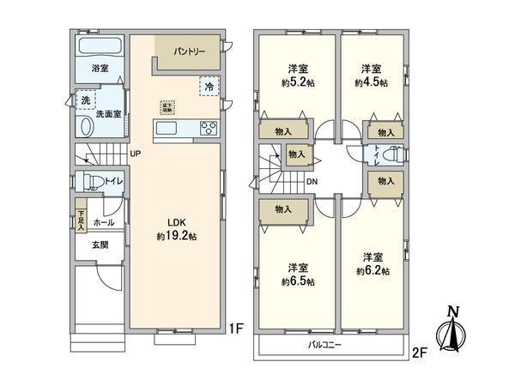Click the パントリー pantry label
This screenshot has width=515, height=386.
pyautogui.click(x=190, y=51)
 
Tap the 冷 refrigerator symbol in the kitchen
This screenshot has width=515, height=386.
pyautogui.click(x=209, y=86)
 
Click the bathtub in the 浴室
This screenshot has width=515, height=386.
pyautogui.click(x=100, y=45)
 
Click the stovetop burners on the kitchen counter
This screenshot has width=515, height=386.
pyautogui.click(x=208, y=129)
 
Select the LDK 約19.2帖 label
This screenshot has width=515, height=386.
pyautogui.click(x=176, y=229)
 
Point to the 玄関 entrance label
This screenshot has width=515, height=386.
pyautogui.click(x=100, y=244)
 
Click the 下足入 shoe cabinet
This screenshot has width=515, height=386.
pyautogui.click(x=81, y=217)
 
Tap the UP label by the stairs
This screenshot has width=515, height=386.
pyautogui.click(x=136, y=154)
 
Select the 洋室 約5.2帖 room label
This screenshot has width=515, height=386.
pyautogui.click(x=296, y=75)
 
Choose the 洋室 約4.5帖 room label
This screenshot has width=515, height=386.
pyautogui.click(x=372, y=75)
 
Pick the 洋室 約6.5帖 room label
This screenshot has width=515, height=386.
pyautogui.click(x=299, y=274)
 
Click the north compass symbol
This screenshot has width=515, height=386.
pyautogui.click(x=451, y=330)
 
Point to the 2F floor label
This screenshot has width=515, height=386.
pyautogui.click(x=419, y=352)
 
